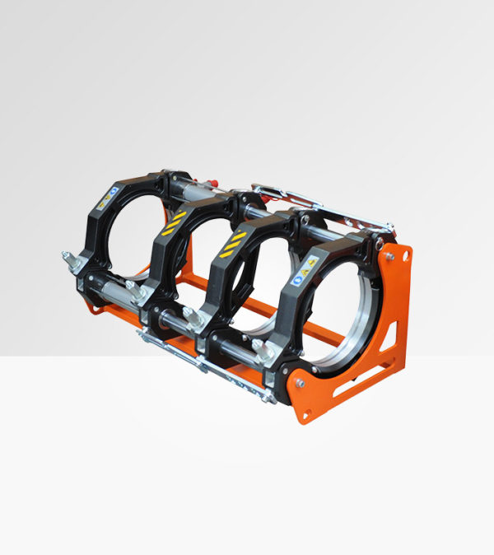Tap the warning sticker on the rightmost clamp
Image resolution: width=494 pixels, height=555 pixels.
pos(308,265)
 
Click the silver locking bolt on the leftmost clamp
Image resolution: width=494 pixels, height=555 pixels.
pos(69,259)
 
